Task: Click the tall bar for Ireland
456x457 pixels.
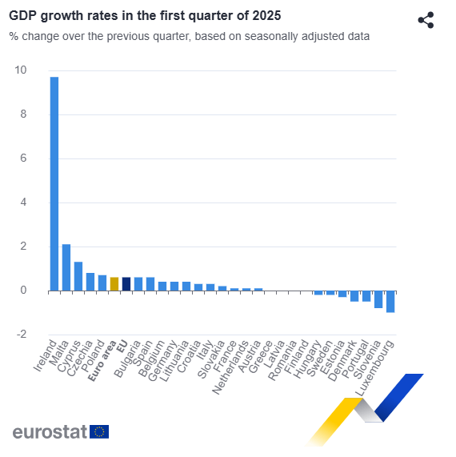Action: pos(54,184)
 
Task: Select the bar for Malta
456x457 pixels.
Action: pos(66,267)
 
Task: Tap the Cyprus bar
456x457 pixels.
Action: pos(78,276)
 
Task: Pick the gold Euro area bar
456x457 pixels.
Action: pos(114,284)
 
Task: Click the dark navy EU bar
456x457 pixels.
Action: pos(126,284)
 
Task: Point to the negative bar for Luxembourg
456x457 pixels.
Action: pos(390,302)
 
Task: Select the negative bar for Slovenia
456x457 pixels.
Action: pos(378,299)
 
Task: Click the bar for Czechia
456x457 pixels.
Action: pos(90,282)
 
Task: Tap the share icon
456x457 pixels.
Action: pos(426,20)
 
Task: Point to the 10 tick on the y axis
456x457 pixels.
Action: pos(20,70)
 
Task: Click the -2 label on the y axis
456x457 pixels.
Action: pos(22,334)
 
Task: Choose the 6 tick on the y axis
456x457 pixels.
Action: pos(23,158)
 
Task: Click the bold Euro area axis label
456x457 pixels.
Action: pos(102,361)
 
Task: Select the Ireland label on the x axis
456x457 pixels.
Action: pos(45,355)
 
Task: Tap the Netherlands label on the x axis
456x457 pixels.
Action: pos(230,367)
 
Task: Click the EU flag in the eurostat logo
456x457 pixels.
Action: pos(99,431)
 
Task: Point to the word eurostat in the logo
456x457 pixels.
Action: pos(50,431)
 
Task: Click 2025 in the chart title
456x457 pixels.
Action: pos(266,16)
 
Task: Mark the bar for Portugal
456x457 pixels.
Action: pos(366,296)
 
